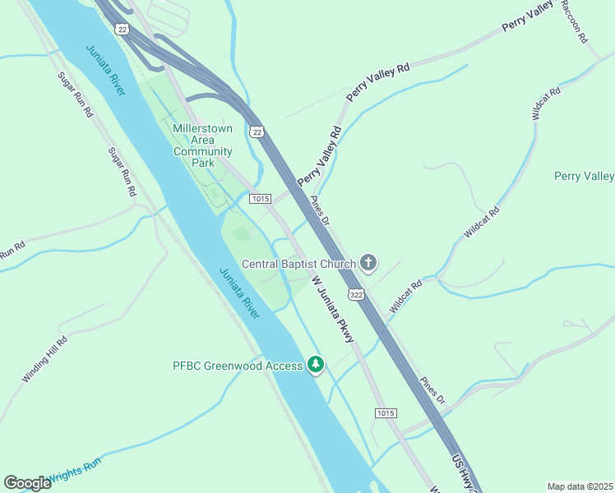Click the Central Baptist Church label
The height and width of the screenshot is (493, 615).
pyautogui.click(x=298, y=264)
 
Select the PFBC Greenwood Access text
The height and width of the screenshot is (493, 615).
pyautogui.click(x=237, y=365)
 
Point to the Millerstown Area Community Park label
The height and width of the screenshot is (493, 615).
pyautogui.click(x=202, y=145)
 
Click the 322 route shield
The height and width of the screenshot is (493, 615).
pyautogui.click(x=356, y=294)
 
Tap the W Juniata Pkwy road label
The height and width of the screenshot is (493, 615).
pyautogui.click(x=334, y=309)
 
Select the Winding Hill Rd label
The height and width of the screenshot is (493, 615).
pyautogui.click(x=45, y=358)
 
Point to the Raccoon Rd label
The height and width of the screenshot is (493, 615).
pyautogui.click(x=575, y=21)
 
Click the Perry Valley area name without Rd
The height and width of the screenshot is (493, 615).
pyautogui.click(x=584, y=176)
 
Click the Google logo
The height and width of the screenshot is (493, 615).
pyautogui.click(x=27, y=483)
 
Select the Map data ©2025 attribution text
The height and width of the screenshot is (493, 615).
pyautogui.click(x=580, y=486)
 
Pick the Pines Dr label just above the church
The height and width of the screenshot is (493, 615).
pyautogui.click(x=320, y=211)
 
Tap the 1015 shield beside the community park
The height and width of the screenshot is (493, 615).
pyautogui.click(x=260, y=199)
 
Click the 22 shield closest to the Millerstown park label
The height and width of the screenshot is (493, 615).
pyautogui.click(x=257, y=131)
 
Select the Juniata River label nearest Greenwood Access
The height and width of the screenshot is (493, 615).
pyautogui.click(x=239, y=293)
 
